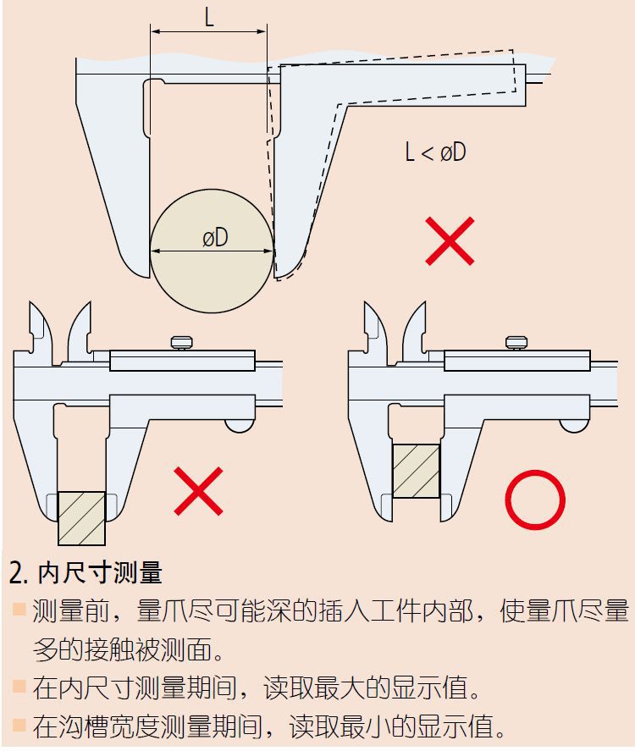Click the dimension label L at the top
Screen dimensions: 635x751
tap(208, 18)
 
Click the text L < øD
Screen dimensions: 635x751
tap(435, 152)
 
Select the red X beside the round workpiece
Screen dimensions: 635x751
tap(450, 240)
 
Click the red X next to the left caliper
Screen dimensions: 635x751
tap(199, 490)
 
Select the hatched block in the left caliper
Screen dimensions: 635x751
tap(81, 518)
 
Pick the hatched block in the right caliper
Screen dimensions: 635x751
tap(415, 470)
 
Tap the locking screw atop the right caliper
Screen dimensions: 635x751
tap(516, 342)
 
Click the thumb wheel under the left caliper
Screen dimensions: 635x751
tap(240, 425)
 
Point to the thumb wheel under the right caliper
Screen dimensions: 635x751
tap(574, 425)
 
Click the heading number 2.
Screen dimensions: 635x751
tap(18, 573)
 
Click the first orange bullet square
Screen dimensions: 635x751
tap(19, 609)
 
